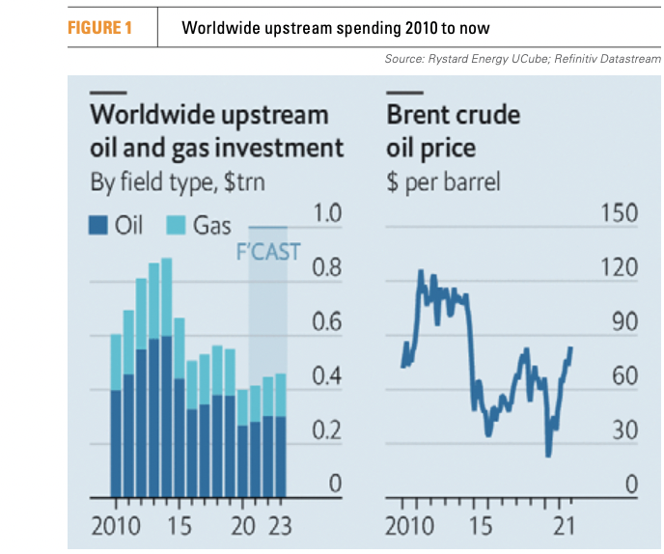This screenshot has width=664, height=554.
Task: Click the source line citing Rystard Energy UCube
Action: click(521, 60)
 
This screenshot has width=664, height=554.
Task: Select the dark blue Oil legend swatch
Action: click(98, 226)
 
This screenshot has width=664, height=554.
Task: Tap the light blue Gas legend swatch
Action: click(177, 226)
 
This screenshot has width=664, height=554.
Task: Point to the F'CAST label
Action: click(268, 253)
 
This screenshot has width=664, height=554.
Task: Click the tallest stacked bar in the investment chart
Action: click(166, 377)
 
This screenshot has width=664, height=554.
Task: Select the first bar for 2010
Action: click(116, 416)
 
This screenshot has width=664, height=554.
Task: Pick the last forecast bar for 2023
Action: click(281, 435)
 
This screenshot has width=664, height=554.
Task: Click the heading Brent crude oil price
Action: click(453, 130)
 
